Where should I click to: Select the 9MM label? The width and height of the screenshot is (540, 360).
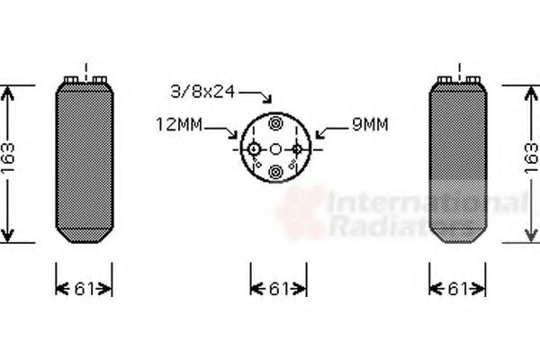tap(369, 127)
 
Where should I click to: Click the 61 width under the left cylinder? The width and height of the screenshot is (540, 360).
tap(84, 289)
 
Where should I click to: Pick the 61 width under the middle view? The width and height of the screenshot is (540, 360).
tap(277, 289)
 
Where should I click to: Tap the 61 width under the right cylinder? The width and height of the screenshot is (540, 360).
tap(458, 289)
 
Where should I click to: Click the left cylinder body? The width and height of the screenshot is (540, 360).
tap(85, 162)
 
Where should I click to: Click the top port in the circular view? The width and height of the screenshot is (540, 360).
tap(276, 124)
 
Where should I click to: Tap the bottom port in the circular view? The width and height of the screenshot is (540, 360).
tap(276, 172)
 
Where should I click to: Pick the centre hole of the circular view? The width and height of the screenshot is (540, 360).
tap(276, 148)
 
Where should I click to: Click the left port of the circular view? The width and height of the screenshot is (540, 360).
tap(255, 148)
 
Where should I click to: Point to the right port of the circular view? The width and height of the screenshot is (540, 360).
tap(298, 148)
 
